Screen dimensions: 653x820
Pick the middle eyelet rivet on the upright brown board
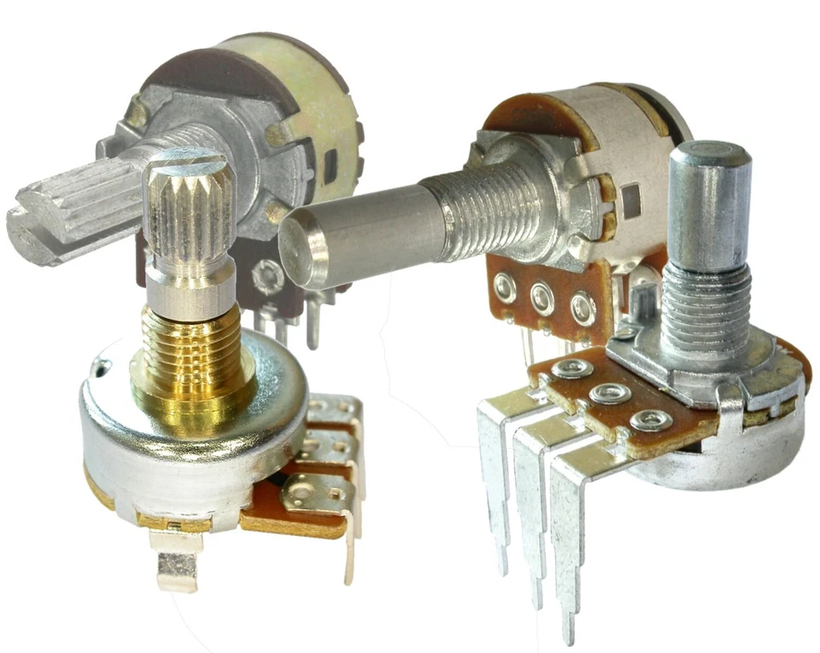tap(542, 297)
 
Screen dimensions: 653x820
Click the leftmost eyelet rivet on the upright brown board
tap(505, 288)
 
